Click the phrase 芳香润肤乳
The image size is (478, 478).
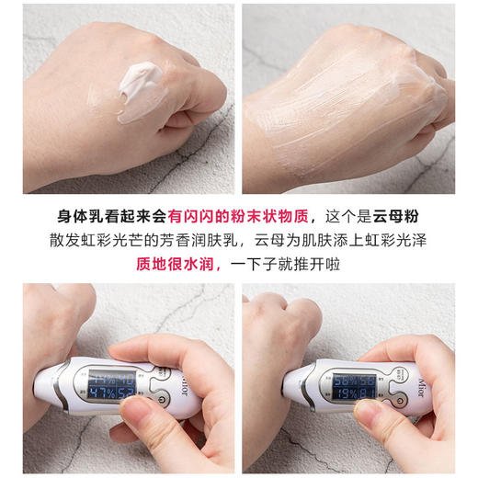click(211, 241)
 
